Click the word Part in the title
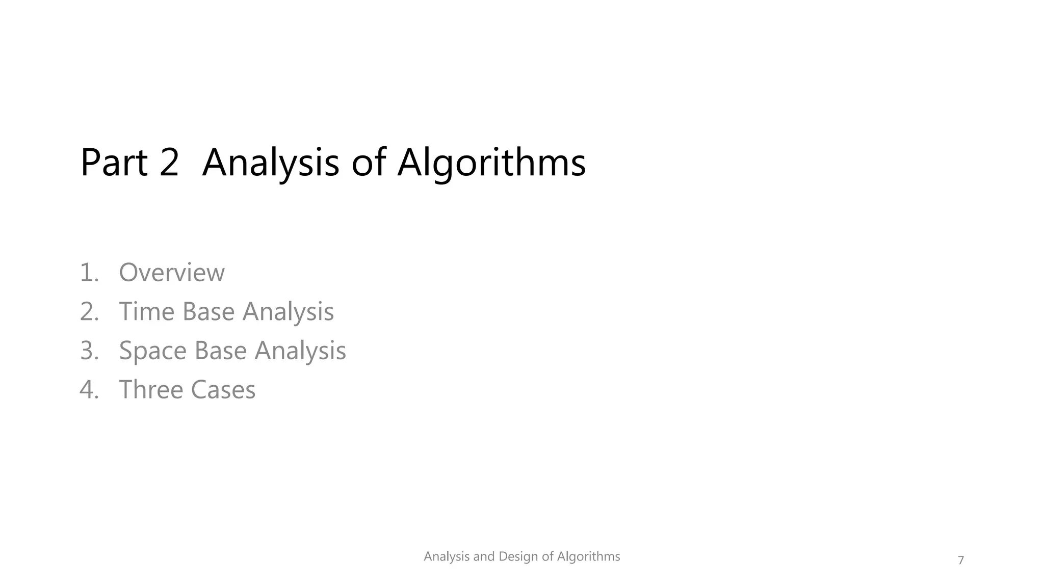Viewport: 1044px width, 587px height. [x=114, y=163]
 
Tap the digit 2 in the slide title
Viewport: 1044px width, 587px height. [x=169, y=163]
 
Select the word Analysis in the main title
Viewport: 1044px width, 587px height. [x=270, y=163]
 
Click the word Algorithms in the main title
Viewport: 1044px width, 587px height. [x=491, y=163]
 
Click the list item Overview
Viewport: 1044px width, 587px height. [x=171, y=273]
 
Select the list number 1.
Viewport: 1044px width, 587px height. [x=88, y=273]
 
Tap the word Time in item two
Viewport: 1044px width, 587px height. [x=147, y=311]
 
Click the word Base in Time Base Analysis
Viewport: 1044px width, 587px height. [x=208, y=311]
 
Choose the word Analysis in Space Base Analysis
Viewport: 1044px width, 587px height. [x=300, y=351]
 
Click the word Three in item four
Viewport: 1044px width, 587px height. [x=151, y=390]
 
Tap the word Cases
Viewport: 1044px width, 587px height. [x=223, y=390]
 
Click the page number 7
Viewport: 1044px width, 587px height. [x=961, y=561]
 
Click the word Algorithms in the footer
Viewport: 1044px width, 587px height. [x=588, y=556]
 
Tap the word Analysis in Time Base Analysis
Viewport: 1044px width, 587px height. [x=288, y=311]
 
